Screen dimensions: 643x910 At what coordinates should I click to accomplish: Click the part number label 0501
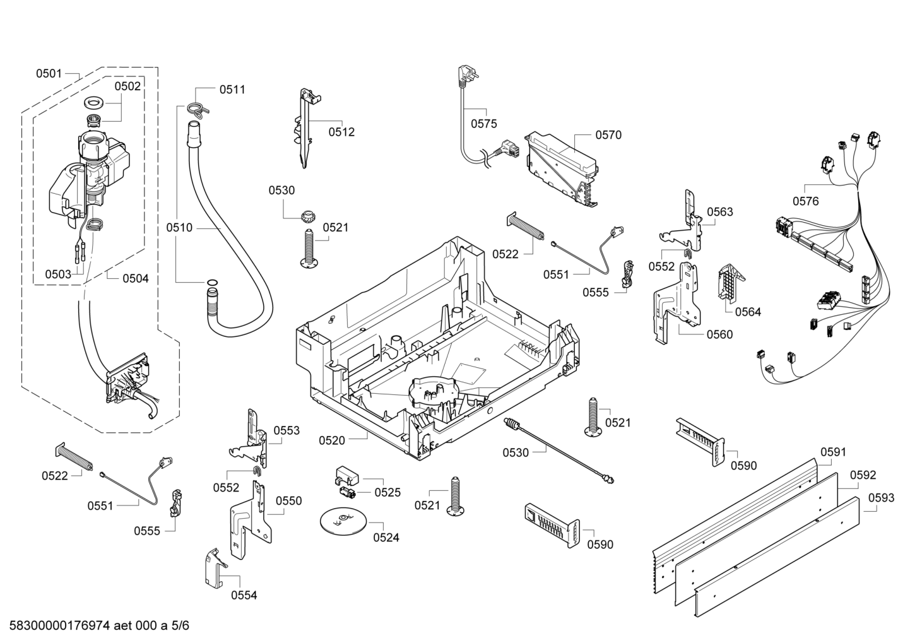[48, 74]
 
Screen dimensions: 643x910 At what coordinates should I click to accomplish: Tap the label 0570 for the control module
[608, 134]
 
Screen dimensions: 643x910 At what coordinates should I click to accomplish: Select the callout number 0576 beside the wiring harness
[805, 201]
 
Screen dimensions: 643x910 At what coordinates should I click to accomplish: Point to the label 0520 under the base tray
[332, 440]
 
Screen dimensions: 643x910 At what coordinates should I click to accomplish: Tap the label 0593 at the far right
[881, 498]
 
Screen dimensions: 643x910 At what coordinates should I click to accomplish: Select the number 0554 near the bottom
[244, 595]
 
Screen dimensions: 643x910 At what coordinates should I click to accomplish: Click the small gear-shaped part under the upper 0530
[308, 215]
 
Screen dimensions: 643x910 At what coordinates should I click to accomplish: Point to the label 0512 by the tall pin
[341, 132]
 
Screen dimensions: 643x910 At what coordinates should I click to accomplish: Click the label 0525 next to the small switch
[387, 492]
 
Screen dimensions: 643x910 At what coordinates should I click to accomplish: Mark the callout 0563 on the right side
[719, 212]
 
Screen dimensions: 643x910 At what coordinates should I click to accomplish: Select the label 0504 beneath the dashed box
[135, 278]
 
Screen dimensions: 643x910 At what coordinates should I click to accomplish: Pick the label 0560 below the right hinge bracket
[719, 334]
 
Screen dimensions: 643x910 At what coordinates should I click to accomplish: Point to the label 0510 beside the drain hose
[179, 228]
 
